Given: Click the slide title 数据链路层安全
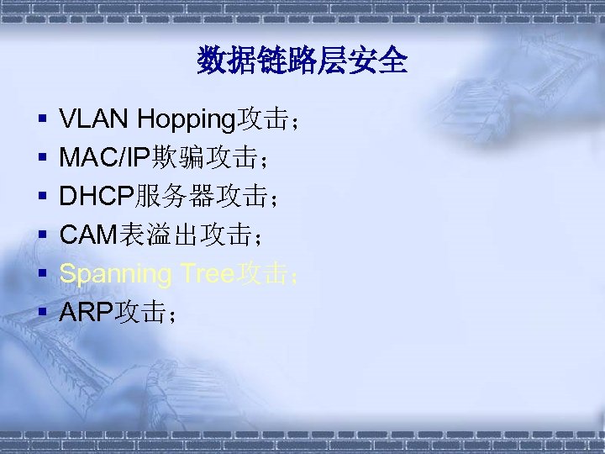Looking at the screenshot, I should [302, 61].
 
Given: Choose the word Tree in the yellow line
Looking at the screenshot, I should [207, 274].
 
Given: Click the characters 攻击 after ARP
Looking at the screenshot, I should [140, 314].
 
